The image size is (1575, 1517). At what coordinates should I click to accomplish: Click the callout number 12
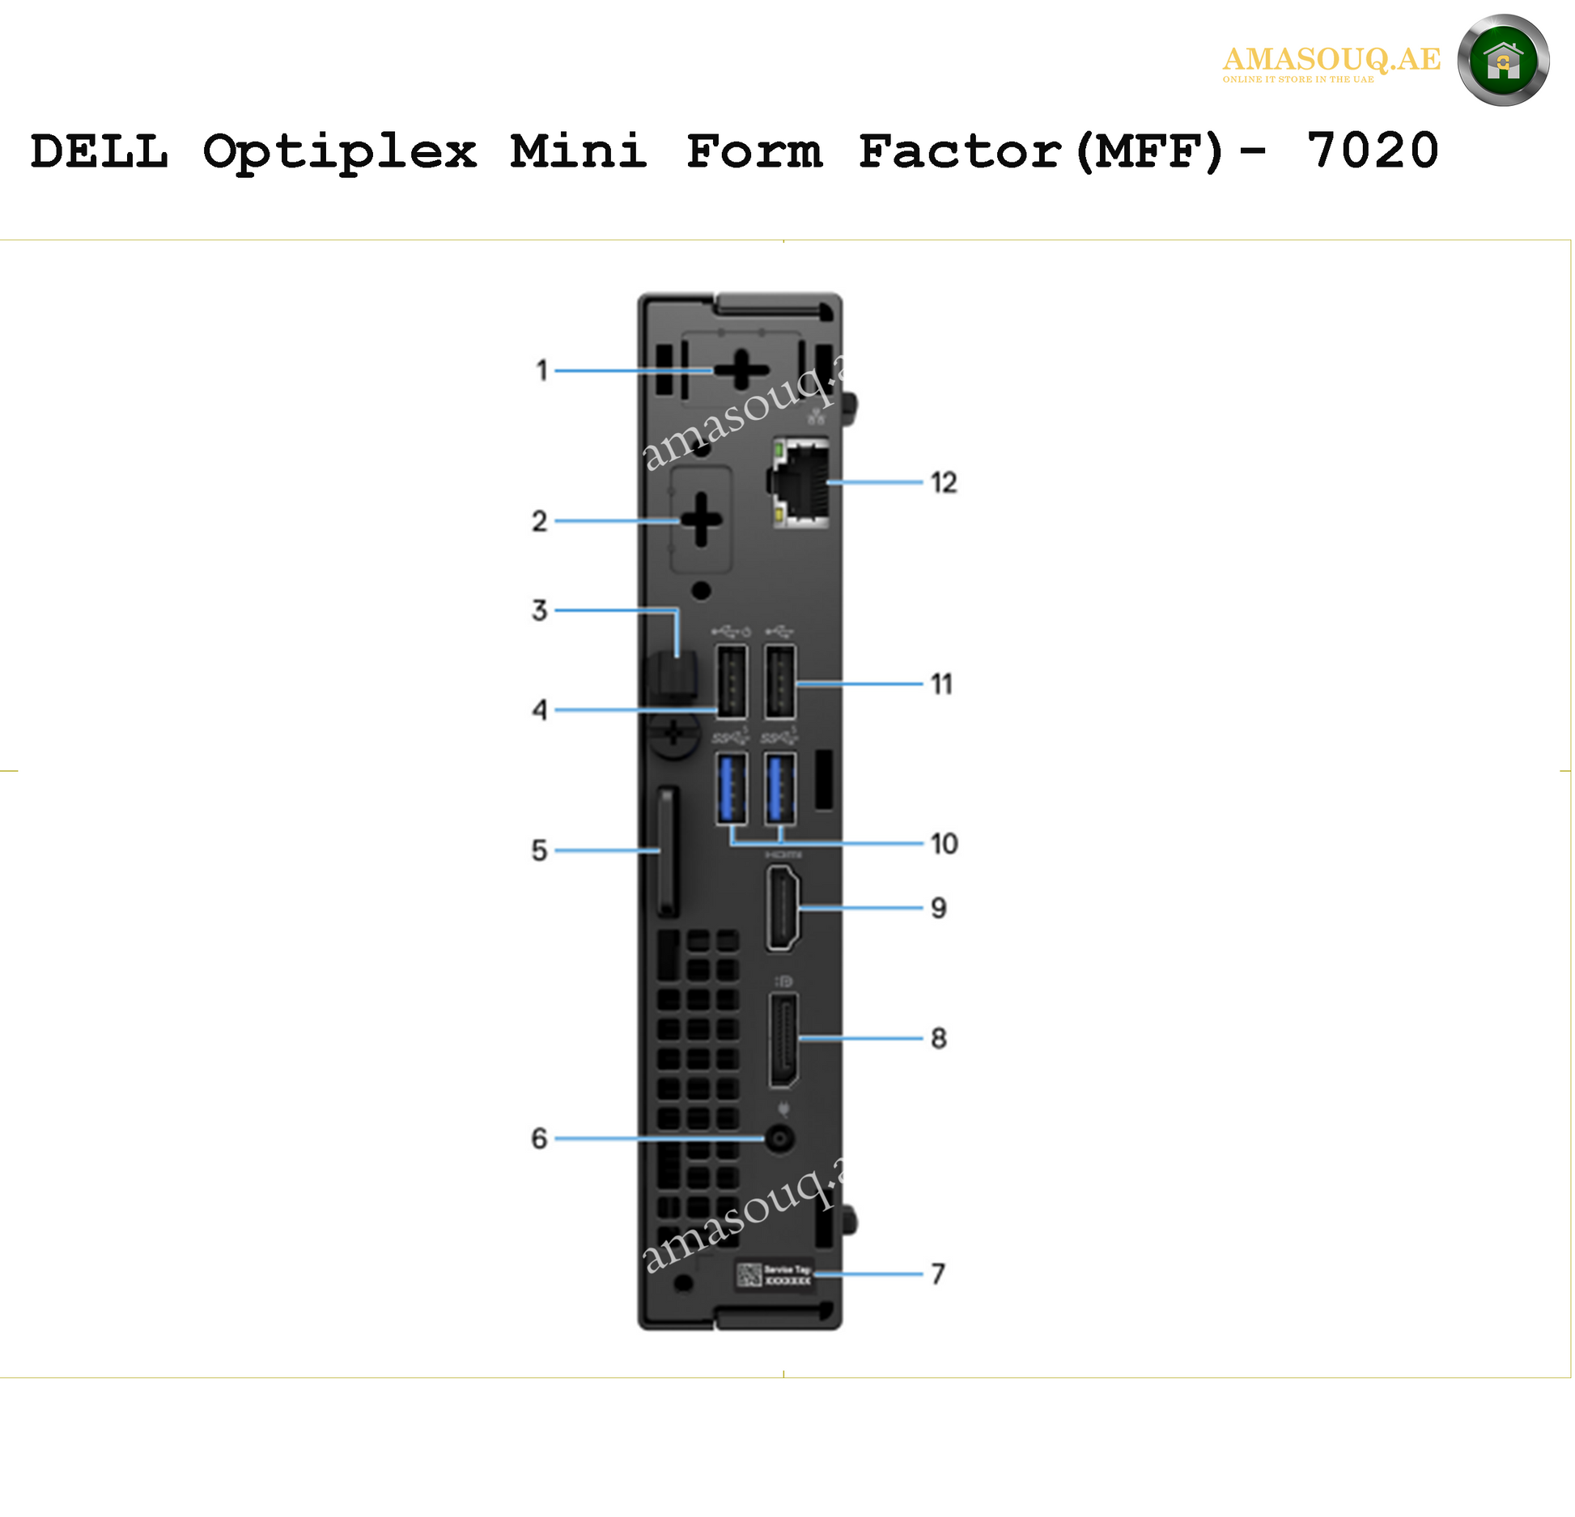944,483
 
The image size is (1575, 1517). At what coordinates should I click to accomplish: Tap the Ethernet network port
800,483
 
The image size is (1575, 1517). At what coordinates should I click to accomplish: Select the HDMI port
783,907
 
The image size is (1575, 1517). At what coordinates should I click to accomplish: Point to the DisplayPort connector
783,1040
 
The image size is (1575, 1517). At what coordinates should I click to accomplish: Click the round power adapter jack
779,1139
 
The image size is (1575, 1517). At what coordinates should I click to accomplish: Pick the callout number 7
937,1274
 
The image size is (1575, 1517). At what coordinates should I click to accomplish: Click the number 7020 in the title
1373,151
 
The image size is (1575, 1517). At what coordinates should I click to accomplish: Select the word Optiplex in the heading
340,153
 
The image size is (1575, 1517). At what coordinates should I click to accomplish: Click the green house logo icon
1503,61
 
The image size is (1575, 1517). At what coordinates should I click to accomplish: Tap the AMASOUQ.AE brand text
1331,60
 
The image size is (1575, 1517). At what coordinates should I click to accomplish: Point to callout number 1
542,371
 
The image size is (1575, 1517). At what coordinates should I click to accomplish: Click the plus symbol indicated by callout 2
701,519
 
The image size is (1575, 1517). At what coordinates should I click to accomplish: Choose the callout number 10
944,844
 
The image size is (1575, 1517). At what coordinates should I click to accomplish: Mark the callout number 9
938,908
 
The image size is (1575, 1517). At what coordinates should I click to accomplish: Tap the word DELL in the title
100,151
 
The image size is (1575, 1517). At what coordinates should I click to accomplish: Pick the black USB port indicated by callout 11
780,681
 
